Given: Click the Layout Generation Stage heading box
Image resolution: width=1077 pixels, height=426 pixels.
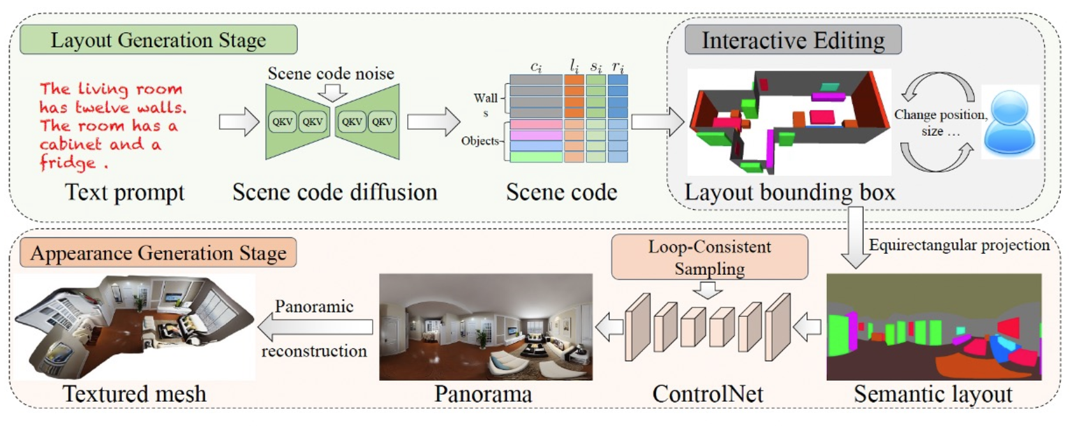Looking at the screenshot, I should (158, 40).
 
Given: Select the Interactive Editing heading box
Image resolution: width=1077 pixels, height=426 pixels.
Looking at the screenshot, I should (793, 40).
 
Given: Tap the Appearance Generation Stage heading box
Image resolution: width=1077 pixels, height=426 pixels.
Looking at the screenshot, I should (158, 253).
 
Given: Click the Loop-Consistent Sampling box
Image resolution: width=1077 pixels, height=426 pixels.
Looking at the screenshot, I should (709, 257).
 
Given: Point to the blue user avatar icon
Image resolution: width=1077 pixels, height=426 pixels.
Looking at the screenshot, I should (1009, 123).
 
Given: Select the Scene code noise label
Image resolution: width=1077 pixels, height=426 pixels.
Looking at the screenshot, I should (331, 73).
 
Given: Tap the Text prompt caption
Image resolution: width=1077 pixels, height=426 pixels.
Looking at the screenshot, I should (125, 192).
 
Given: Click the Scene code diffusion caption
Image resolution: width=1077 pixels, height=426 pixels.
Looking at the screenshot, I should (334, 192).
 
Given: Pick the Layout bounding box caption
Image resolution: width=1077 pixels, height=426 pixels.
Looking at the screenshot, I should (790, 192).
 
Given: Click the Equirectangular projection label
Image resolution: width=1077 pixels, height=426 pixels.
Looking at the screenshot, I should (959, 245).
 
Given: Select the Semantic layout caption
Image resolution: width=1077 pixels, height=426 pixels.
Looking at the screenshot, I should (933, 394).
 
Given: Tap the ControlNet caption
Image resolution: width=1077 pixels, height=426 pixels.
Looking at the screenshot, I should (708, 394).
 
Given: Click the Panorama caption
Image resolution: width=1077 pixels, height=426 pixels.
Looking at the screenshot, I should (483, 394).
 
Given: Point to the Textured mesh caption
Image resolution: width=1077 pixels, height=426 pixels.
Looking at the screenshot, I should (135, 394).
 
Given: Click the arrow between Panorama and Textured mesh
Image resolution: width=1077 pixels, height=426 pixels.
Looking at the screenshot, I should (315, 327).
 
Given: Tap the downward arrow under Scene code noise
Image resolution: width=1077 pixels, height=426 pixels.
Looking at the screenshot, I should (332, 93).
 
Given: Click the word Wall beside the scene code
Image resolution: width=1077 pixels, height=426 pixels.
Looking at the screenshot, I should (485, 98).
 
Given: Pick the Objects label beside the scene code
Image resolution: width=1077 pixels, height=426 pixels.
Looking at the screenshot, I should (480, 141).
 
